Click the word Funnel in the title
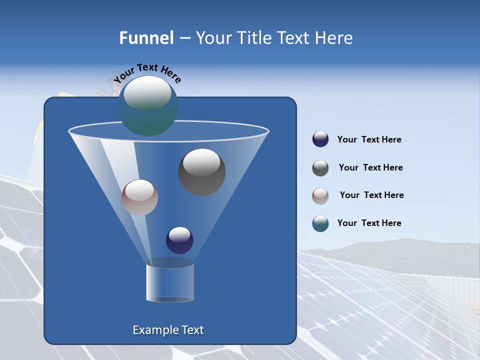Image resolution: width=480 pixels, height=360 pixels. [146, 38]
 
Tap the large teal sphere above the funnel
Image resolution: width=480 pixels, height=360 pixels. [147, 105]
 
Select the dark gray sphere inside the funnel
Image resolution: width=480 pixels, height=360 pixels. [201, 171]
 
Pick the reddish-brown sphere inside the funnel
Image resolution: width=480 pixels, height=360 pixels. [139, 197]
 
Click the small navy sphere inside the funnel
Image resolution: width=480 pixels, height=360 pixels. [179, 240]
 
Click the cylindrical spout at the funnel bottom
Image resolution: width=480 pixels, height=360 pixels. [169, 282]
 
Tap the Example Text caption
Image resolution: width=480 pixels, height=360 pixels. [168, 330]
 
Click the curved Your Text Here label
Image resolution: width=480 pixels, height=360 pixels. [147, 73]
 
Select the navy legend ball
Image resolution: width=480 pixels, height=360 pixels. [320, 139]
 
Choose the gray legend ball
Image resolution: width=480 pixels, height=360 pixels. [320, 168]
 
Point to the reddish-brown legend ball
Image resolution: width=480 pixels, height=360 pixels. [320, 195]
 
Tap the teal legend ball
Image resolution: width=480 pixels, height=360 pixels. [320, 223]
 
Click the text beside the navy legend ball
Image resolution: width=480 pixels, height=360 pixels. [369, 140]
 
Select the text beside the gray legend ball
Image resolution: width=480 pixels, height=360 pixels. [370, 168]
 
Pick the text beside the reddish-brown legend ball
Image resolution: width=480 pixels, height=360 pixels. [371, 195]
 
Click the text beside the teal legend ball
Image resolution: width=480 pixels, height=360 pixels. [369, 223]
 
